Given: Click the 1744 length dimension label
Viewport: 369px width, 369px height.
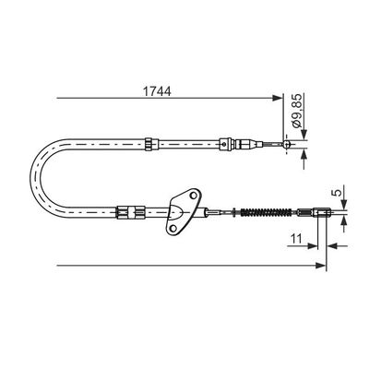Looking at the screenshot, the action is click(x=157, y=91).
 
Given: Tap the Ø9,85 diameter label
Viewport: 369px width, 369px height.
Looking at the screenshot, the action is click(x=298, y=112).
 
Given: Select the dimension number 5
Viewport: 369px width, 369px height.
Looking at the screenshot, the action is click(x=338, y=193).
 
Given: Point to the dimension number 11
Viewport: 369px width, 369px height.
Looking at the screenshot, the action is click(x=296, y=238).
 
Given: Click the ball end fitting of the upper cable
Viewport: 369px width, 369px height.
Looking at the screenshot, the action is click(x=287, y=144).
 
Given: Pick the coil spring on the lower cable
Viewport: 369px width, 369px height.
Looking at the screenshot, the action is click(x=266, y=212).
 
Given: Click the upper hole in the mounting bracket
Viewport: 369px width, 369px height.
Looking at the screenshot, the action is click(x=194, y=196).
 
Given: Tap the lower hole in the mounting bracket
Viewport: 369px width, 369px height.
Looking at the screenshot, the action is click(x=173, y=228).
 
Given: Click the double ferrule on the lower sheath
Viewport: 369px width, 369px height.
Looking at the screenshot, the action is click(x=130, y=212).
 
